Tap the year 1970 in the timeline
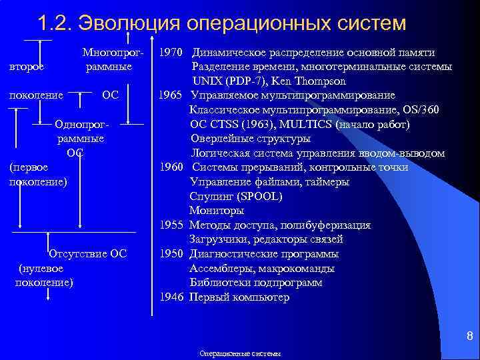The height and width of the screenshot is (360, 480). coord(171,52)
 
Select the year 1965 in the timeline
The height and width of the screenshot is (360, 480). coord(171,95)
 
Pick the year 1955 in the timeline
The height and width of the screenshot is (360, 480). coord(171,225)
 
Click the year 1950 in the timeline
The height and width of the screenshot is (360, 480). coord(171,254)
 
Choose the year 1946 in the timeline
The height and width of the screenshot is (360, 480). coord(171,297)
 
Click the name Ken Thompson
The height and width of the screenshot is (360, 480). coord(309,81)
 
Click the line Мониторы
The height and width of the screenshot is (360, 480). coord(217,211)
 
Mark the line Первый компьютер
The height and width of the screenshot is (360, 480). coord(239,297)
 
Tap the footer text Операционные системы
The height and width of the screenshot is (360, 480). coord(241,353)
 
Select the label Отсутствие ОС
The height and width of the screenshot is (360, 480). coord(88,253)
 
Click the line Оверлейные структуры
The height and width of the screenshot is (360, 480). coord(250,139)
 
